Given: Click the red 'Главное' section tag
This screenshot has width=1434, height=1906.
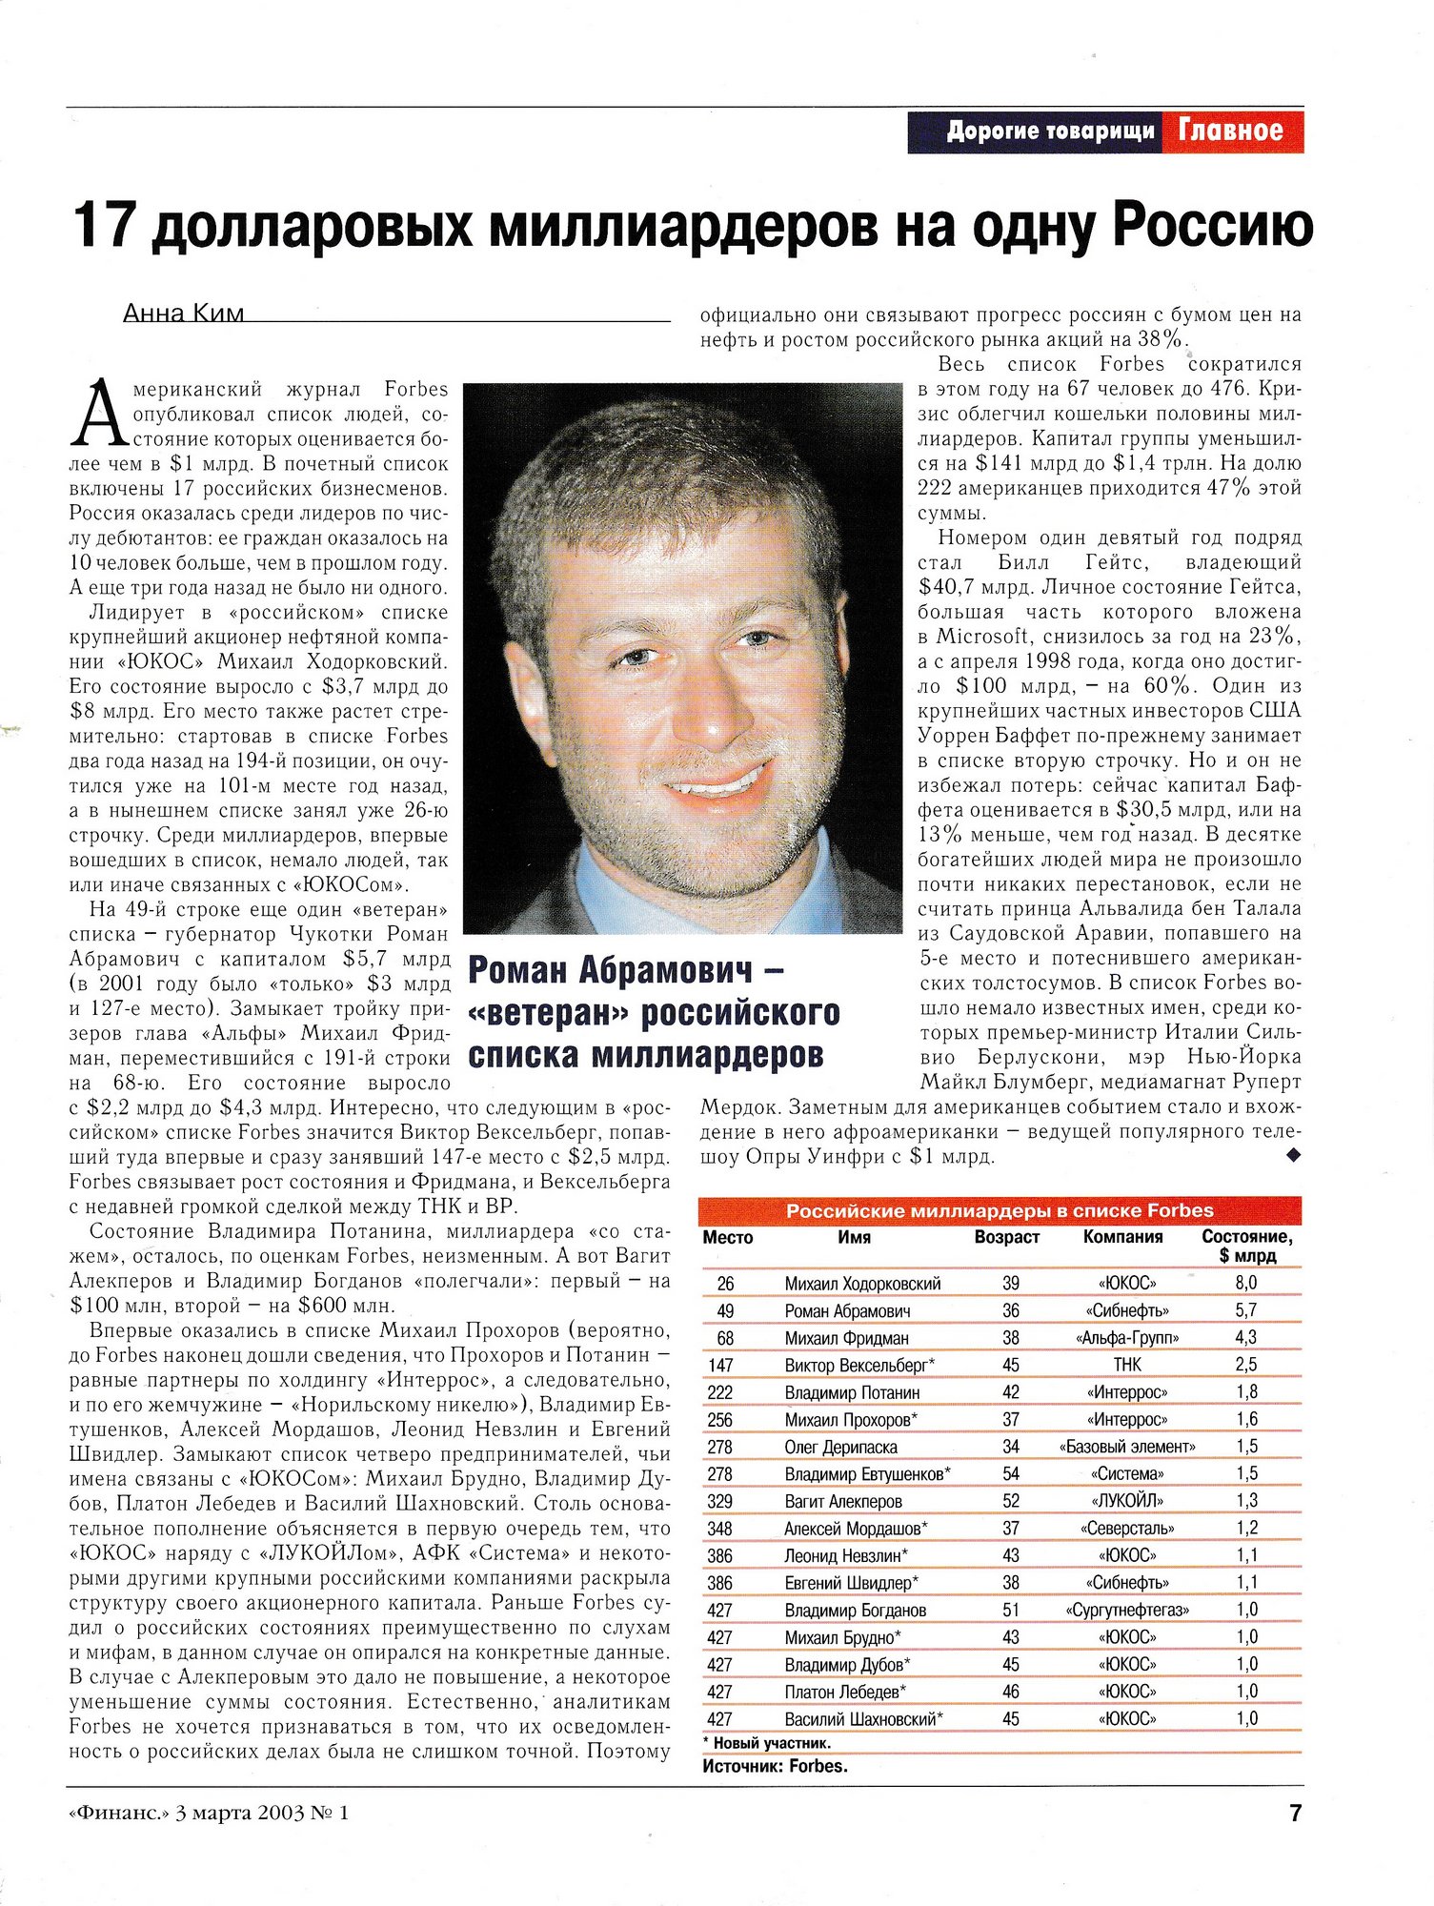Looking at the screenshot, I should click(1230, 131).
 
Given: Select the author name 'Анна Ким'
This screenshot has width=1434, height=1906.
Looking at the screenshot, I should click(183, 314).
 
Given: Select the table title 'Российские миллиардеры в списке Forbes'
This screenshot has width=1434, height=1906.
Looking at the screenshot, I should click(1000, 1210).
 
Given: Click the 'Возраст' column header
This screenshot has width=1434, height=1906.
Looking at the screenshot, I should click(1006, 1237).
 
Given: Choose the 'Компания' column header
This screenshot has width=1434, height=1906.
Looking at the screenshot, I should click(1122, 1237).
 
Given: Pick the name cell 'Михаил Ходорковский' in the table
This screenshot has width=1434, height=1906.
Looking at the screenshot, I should click(862, 1284).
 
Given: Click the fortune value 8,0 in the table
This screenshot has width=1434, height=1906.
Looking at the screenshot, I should click(1246, 1283).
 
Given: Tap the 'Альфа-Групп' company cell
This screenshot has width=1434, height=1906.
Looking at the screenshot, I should click(1127, 1338).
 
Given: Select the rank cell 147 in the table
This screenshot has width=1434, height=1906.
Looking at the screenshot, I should click(720, 1365).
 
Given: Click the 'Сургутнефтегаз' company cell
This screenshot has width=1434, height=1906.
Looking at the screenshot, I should click(1127, 1610).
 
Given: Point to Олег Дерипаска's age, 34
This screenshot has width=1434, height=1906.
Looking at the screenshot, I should click(1011, 1447).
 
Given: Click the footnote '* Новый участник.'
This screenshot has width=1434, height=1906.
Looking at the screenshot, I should click(767, 1743).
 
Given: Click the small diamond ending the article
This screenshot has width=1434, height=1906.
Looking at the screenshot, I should click(1293, 1155).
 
